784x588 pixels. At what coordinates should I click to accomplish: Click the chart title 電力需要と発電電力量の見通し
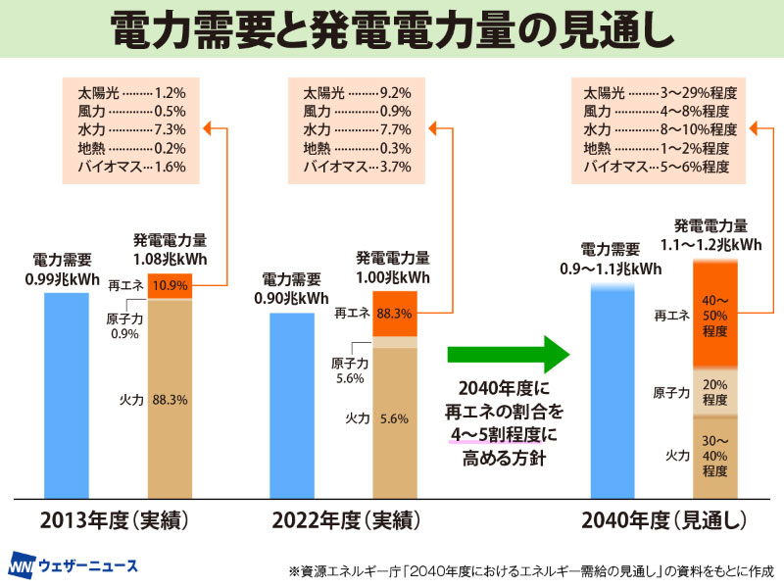392,31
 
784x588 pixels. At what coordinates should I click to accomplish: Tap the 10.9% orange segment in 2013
170,286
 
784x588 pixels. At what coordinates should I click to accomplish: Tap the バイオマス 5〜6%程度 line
660,167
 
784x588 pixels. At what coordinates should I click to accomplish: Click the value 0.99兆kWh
63,278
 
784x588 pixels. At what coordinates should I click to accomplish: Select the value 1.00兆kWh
392,277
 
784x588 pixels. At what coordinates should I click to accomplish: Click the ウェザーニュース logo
74,565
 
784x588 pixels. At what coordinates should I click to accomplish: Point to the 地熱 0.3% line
356,148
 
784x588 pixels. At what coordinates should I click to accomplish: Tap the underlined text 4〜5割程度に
502,430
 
